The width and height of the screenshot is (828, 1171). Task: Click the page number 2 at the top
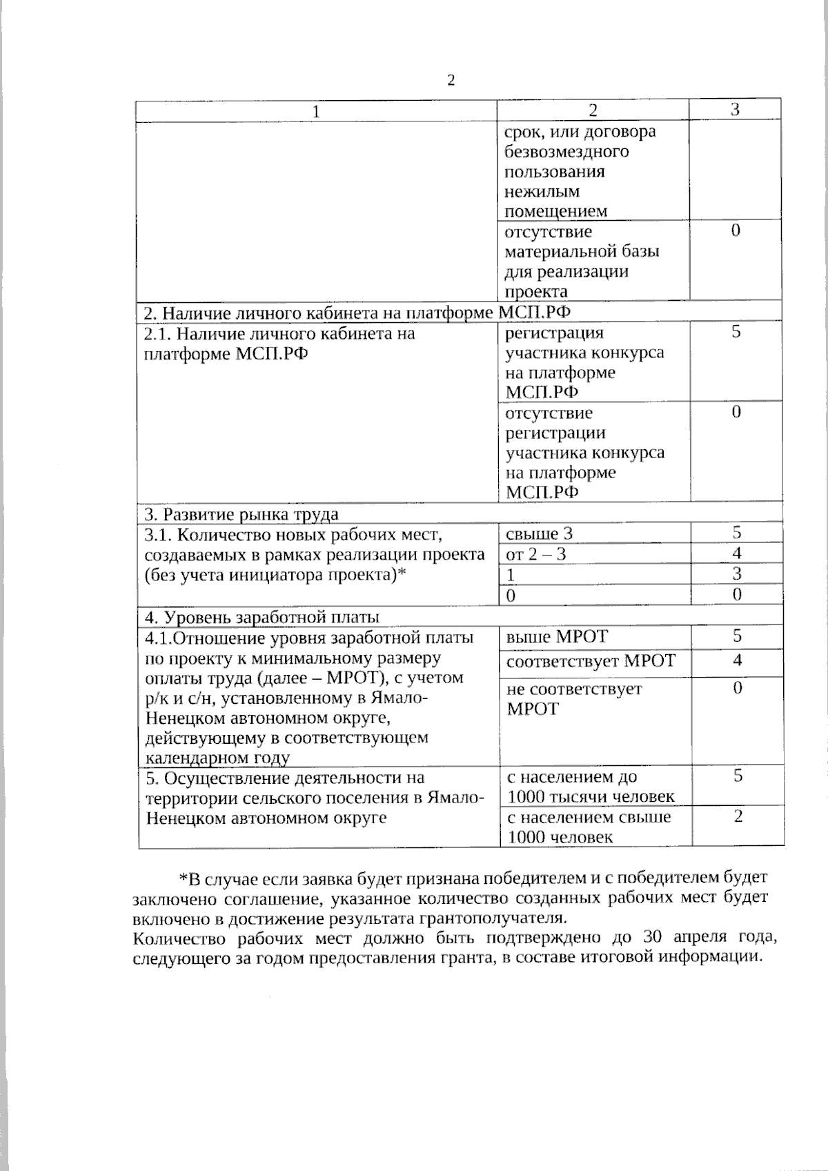pyautogui.click(x=451, y=81)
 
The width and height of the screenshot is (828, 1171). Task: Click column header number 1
pyautogui.click(x=316, y=112)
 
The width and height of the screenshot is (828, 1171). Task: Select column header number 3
pyautogui.click(x=735, y=110)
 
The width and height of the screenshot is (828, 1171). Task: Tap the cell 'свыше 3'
pyautogui.click(x=539, y=534)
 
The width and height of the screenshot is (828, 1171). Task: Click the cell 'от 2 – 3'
pyautogui.click(x=536, y=554)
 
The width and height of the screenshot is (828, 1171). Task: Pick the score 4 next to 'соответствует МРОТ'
pyautogui.click(x=737, y=660)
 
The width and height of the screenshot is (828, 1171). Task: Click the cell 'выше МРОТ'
pyautogui.click(x=557, y=636)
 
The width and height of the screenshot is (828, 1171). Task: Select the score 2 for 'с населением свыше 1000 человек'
pyautogui.click(x=738, y=817)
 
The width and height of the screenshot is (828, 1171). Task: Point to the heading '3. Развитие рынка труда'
pyautogui.click(x=241, y=515)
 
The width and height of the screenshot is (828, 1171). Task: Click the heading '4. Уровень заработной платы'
pyautogui.click(x=262, y=617)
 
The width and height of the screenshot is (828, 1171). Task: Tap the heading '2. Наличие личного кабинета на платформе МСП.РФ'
pyautogui.click(x=357, y=313)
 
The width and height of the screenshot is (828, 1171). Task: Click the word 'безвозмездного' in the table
pyautogui.click(x=566, y=151)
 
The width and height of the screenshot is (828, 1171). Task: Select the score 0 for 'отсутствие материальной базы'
pyautogui.click(x=736, y=230)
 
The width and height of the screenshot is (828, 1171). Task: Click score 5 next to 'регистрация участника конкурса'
pyautogui.click(x=736, y=332)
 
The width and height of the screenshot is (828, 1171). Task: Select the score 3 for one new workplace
pyautogui.click(x=737, y=573)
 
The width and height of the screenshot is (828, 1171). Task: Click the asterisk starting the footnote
pyautogui.click(x=183, y=879)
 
